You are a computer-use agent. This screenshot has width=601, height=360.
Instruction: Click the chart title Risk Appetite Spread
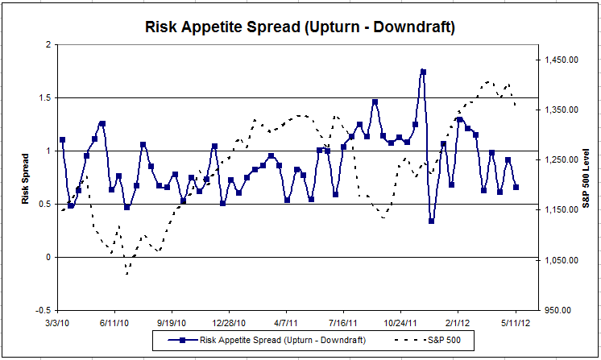pos(300,27)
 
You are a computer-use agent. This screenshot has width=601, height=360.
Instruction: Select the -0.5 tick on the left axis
pos(43,310)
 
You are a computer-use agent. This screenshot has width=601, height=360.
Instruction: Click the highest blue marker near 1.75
pos(423,72)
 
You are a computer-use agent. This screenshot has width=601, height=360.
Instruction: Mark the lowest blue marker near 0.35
pos(432,220)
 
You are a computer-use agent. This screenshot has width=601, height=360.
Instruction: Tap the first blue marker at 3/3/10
pos(62,139)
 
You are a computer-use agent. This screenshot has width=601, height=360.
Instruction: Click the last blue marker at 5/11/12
pos(516,187)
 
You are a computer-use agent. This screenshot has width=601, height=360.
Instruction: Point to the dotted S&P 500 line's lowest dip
pos(127,273)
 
